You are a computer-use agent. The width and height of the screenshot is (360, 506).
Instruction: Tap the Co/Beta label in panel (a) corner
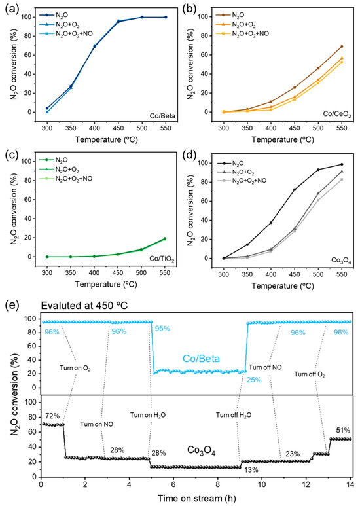162,116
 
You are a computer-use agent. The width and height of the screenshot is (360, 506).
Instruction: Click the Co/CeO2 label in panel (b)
338,115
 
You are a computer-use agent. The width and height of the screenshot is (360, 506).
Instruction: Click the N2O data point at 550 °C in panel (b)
342,46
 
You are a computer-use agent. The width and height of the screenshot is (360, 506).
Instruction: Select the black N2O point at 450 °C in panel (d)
295,189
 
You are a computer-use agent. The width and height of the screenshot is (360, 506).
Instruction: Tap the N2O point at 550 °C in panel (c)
166,238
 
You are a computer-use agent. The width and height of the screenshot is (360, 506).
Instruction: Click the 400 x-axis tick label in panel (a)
94,128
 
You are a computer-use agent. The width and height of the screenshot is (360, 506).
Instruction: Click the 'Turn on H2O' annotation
148,415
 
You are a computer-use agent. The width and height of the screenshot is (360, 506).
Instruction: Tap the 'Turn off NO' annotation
265,367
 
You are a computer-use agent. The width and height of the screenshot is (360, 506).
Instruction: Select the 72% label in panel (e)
51,416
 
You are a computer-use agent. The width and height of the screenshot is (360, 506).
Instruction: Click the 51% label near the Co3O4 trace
342,431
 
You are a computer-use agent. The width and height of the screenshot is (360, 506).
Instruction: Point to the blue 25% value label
254,380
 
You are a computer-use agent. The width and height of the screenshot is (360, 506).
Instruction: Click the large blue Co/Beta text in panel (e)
202,359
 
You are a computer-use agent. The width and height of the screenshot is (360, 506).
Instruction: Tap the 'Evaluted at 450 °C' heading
84,306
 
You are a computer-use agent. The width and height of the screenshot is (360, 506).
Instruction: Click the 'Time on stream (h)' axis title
196,498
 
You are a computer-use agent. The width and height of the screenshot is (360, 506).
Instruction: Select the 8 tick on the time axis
217,484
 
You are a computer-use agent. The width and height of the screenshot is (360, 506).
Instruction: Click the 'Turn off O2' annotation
310,374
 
